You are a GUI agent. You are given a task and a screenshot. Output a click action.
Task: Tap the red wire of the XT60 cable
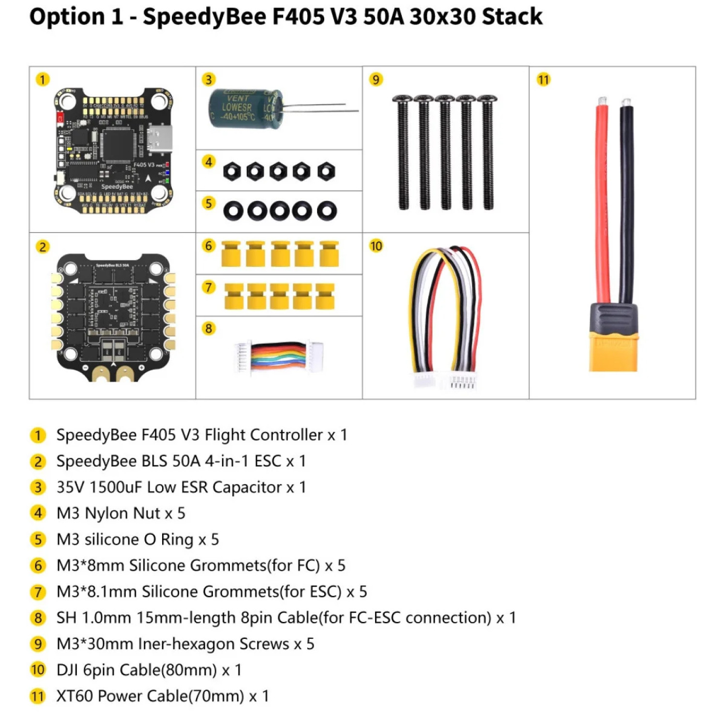coord(603,203)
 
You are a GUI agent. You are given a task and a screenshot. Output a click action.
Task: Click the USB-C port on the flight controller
coord(160,139)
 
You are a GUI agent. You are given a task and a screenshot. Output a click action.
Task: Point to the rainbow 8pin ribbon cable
coord(279,357)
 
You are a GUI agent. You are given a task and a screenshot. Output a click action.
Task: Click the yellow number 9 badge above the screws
coord(376,79)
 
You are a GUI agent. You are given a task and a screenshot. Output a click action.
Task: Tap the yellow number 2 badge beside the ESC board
coord(43,247)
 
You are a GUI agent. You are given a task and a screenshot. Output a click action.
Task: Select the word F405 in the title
coord(298,16)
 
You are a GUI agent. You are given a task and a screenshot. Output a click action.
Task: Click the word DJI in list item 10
coord(67,670)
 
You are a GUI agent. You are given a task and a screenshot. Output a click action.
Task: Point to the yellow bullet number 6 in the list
coord(38,566)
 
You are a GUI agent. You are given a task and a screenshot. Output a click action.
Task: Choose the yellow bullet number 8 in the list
coord(38,618)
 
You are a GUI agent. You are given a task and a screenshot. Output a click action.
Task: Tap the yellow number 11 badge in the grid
coord(544,80)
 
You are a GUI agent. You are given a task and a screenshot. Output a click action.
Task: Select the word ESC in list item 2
coord(268,461)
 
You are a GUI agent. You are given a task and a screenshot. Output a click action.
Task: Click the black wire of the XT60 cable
coord(626,203)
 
